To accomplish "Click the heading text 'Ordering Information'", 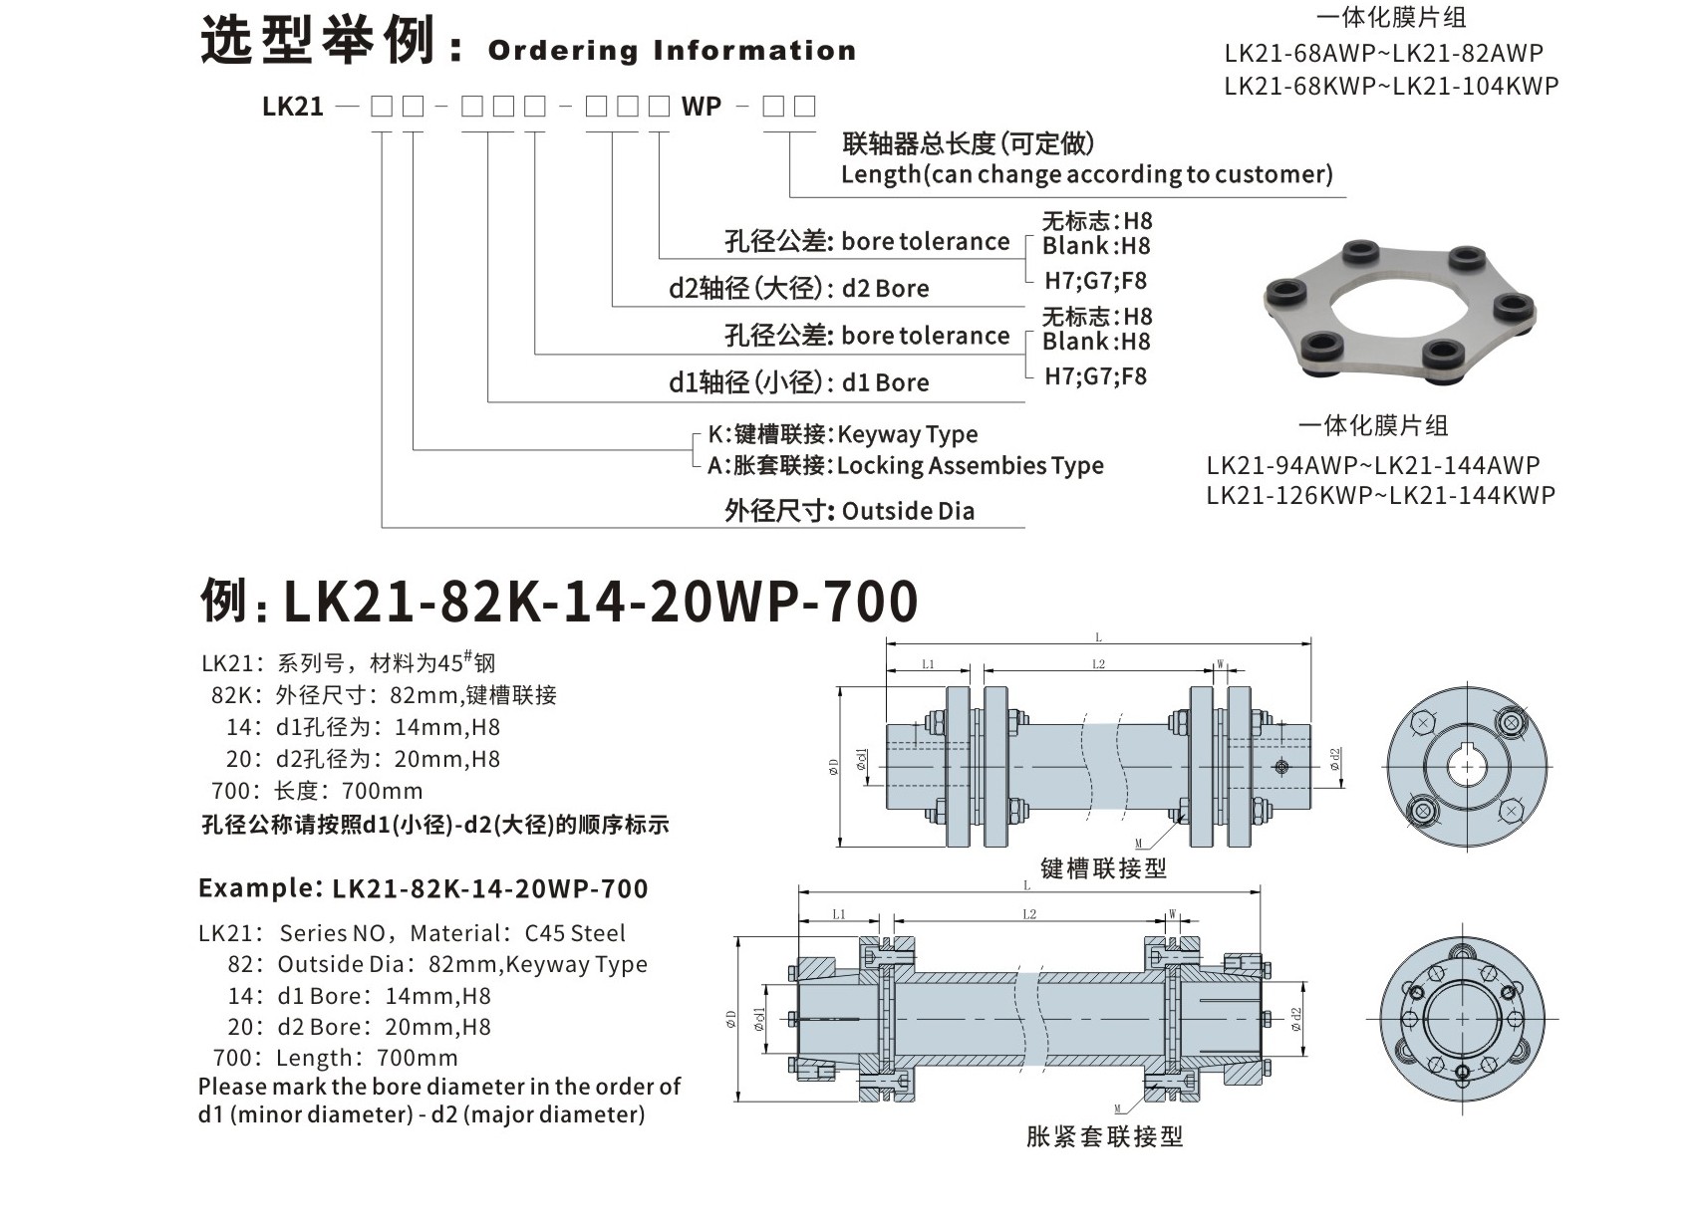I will (672, 51).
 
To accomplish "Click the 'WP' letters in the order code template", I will (702, 107).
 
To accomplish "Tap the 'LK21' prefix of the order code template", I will (293, 107).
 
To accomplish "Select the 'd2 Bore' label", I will (885, 289).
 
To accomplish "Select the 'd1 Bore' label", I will (885, 383).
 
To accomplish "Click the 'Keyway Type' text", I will (908, 434).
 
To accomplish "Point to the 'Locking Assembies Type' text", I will (970, 466).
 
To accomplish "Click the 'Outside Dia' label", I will (908, 511).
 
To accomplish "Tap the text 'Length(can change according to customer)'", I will (1086, 174).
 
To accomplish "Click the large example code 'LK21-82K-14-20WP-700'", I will (601, 602).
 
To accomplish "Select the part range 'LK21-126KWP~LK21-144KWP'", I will (1380, 495).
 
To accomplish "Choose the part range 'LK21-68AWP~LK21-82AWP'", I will (1383, 53).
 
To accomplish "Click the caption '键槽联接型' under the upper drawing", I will (1103, 868).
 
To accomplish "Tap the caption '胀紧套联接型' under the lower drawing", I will (1104, 1136).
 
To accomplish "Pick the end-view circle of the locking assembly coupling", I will (1462, 1017).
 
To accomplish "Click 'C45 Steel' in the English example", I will (575, 934).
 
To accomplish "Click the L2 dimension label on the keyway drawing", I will (1098, 664).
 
